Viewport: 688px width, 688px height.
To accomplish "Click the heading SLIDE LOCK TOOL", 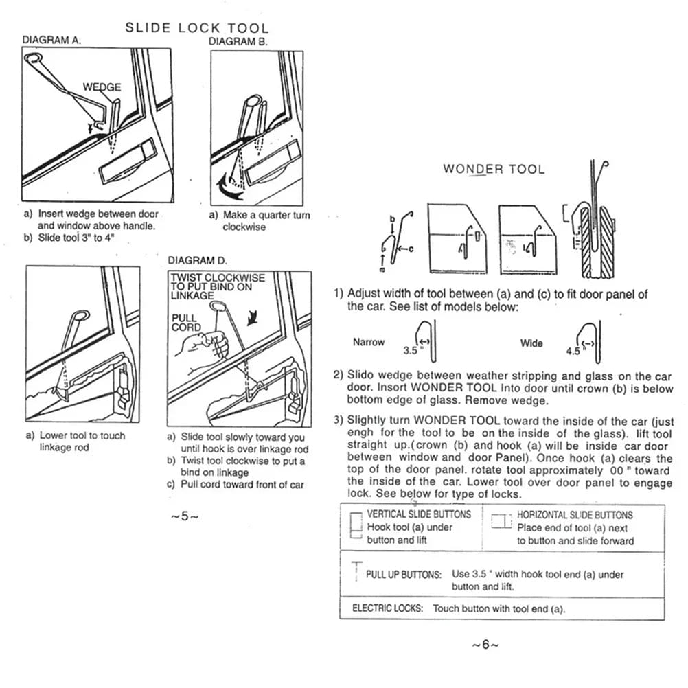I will tap(196, 28).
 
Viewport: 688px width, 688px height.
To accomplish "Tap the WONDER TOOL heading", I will tap(494, 169).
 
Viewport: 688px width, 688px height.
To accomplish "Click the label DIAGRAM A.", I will tap(51, 41).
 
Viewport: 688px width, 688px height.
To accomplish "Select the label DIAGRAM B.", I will tap(238, 41).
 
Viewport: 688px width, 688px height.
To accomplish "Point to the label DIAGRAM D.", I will tap(197, 261).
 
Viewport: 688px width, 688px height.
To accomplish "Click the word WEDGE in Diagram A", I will tap(102, 87).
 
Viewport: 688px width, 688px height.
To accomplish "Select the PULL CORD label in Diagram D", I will tap(186, 323).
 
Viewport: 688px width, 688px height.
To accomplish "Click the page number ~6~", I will tap(485, 645).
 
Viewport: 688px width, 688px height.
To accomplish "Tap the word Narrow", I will tap(369, 342).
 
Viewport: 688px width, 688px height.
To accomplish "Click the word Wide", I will tap(531, 343).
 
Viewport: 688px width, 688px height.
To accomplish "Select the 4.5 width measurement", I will tap(573, 351).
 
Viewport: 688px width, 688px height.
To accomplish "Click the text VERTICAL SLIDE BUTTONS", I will tap(419, 514).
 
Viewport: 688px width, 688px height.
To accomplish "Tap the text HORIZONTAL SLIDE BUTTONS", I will tap(575, 514).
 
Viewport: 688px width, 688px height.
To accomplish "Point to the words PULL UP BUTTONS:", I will tap(403, 574).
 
